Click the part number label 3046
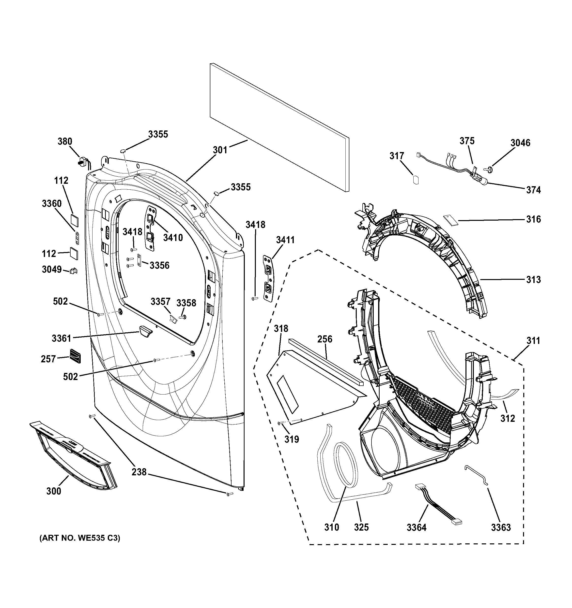click(520, 143)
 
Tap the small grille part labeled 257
click(75, 356)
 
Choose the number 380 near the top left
click(65, 141)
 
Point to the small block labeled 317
click(416, 180)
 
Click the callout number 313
click(533, 280)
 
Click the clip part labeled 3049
click(74, 271)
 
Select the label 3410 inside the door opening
click(173, 238)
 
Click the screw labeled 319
click(280, 423)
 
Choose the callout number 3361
click(61, 339)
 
